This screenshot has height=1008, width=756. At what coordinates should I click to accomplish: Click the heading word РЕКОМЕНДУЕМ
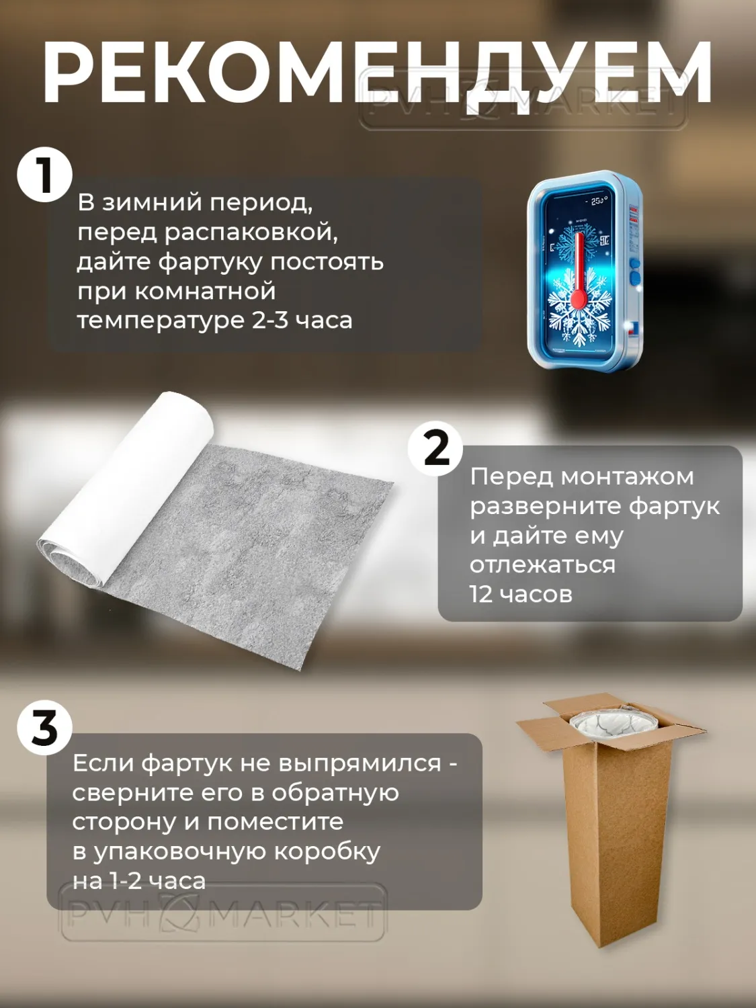click(377, 73)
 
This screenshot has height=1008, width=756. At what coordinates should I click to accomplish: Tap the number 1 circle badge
click(44, 175)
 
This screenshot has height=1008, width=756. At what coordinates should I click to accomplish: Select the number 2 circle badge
click(435, 448)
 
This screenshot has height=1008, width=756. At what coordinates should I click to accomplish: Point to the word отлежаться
click(542, 565)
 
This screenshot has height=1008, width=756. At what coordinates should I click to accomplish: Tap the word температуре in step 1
click(161, 321)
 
